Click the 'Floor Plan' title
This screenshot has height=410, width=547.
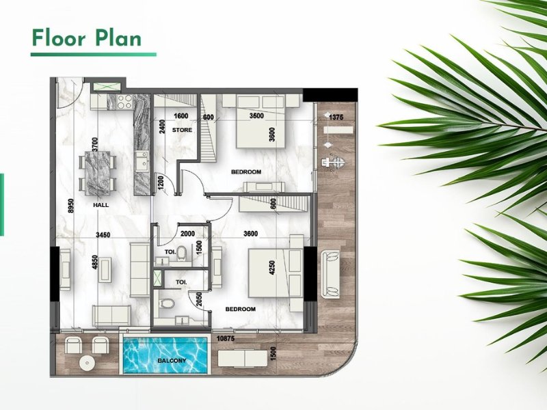[87, 38]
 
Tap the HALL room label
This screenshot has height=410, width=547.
[101, 205]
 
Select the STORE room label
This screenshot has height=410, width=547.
[182, 130]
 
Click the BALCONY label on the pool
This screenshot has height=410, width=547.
[172, 361]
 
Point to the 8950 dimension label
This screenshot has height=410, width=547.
[71, 206]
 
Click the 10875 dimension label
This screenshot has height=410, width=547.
[226, 338]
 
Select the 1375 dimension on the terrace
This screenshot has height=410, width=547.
[336, 118]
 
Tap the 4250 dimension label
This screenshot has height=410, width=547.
[272, 269]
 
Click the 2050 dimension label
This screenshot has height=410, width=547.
[199, 299]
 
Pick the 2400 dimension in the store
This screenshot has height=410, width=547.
[161, 127]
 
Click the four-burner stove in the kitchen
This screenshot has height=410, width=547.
[124, 102]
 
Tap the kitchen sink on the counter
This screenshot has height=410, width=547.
[142, 161]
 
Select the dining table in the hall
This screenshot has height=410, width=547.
[97, 173]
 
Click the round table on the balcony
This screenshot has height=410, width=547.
[87, 363]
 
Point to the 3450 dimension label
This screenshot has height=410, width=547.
[103, 235]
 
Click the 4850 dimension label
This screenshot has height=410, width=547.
[94, 262]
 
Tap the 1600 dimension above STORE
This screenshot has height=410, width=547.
[181, 116]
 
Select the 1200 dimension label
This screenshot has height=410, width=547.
[161, 182]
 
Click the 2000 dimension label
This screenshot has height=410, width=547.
[187, 234]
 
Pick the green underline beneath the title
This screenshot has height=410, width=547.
[94, 55]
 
